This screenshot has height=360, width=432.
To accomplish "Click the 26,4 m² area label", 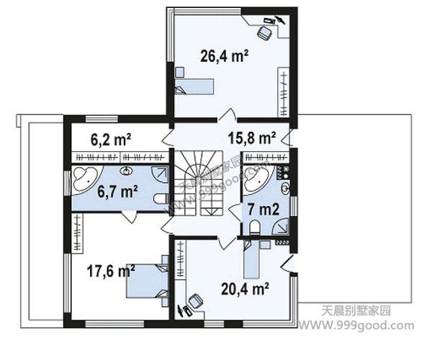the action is click(224, 56).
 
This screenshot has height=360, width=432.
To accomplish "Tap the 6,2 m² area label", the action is click(111, 140).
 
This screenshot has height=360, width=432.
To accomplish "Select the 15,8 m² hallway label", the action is click(252, 138).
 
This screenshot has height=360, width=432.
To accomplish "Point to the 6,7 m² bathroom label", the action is click(118, 192).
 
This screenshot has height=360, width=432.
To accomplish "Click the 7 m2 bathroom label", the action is click(264, 210).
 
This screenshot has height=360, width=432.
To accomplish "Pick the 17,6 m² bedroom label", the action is click(111, 271).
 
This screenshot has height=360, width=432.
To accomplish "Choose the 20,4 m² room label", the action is click(246, 289).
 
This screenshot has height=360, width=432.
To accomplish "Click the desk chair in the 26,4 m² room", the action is click(264, 33).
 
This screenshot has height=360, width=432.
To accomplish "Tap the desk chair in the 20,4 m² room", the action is click(196, 302).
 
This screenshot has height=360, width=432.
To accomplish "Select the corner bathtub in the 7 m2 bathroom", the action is click(256, 179).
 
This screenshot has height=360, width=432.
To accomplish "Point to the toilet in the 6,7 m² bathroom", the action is click(161, 199).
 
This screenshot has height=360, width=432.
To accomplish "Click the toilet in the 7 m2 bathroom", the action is click(255, 228).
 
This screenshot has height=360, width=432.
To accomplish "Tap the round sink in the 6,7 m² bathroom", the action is click(127, 171).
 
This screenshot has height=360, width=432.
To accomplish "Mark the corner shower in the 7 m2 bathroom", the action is click(281, 226).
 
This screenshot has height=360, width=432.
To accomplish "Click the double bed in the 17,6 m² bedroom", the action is click(148, 281).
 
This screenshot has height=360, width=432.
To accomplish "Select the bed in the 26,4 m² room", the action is click(194, 86).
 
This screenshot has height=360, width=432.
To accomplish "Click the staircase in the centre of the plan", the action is click(198, 183).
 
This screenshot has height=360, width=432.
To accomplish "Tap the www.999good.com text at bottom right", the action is click(356, 325).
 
